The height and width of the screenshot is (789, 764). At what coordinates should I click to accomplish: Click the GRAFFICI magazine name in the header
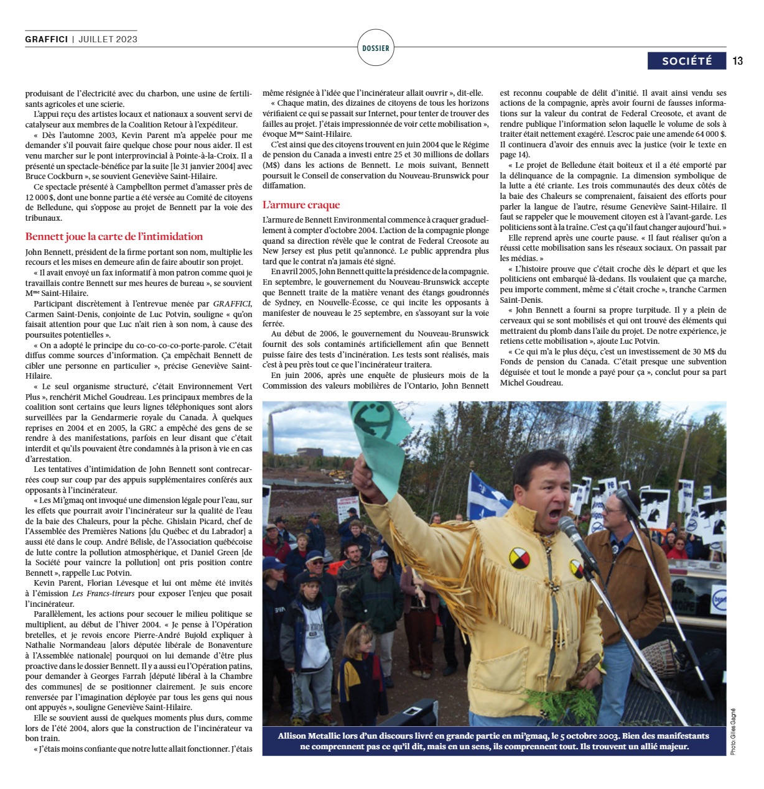point(47,39)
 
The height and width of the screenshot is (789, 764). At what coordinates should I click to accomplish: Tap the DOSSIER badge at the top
point(376,48)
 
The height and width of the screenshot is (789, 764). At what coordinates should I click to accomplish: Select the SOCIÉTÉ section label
point(687,61)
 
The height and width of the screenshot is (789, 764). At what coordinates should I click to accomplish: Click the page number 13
point(738,61)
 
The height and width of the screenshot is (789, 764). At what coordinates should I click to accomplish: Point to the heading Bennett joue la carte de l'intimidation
point(114,236)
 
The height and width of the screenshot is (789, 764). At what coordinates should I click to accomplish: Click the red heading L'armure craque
point(301,205)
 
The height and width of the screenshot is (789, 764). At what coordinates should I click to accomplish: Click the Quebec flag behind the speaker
point(486,494)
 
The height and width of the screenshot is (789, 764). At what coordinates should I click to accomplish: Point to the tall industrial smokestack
point(272,435)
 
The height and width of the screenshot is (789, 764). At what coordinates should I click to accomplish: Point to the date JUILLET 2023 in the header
point(108,39)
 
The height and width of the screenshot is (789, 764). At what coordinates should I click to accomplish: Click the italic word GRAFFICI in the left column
point(232,303)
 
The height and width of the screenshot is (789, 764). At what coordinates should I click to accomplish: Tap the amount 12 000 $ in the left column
point(40,196)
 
